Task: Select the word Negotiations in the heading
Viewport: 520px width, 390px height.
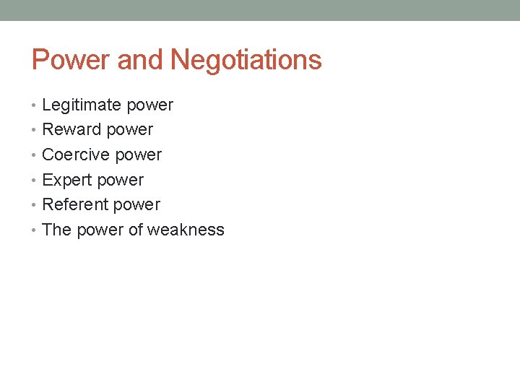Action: (x=246, y=60)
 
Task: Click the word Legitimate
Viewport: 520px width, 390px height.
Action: (x=82, y=105)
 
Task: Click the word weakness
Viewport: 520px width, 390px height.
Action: (x=186, y=230)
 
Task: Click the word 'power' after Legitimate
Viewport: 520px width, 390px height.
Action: (x=149, y=105)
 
